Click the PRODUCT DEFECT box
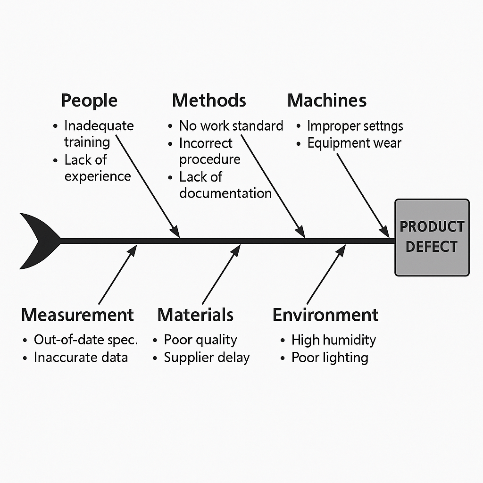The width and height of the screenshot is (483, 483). (432, 237)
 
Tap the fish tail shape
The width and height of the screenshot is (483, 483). (38, 241)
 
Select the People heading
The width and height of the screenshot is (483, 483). (89, 100)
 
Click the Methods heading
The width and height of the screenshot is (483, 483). (209, 100)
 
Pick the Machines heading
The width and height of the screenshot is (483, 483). (327, 100)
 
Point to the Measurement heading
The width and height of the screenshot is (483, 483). (77, 315)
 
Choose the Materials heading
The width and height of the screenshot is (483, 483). (195, 315)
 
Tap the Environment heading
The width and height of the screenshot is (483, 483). (325, 315)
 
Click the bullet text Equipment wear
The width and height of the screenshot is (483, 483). (354, 143)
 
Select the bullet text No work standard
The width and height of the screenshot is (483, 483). (231, 125)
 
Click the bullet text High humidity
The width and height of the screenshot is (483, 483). (333, 340)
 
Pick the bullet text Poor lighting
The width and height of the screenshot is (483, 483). (330, 357)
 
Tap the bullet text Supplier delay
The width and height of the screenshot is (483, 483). (207, 357)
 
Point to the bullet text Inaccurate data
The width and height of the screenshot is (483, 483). (81, 357)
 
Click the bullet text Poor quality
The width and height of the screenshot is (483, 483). (200, 340)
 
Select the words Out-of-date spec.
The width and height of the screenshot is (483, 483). (86, 340)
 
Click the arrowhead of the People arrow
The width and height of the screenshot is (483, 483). (175, 232)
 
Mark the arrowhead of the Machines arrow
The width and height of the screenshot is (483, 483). (385, 232)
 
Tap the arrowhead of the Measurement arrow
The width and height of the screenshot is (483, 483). (133, 250)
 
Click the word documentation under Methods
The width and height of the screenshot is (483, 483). (225, 193)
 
